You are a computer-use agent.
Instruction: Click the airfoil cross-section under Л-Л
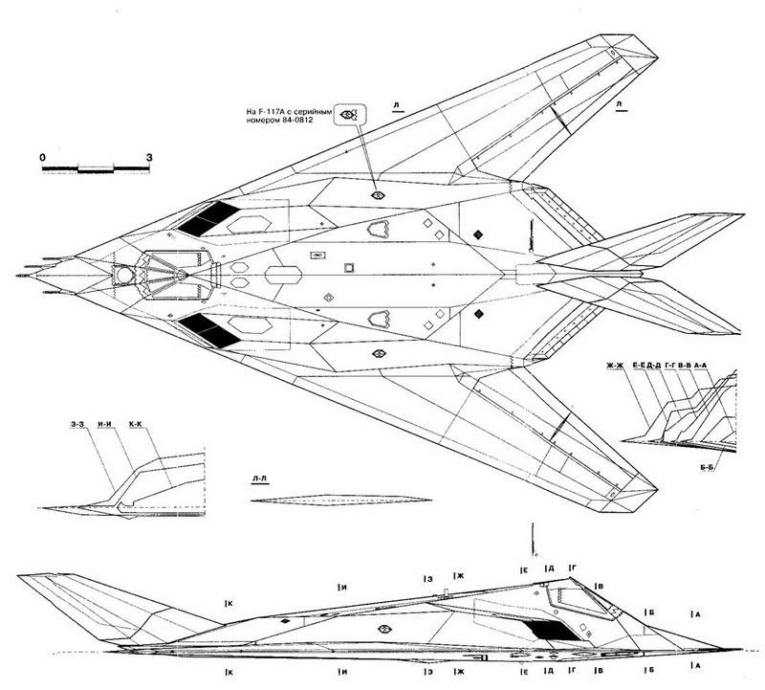pyautogui.click(x=334, y=501)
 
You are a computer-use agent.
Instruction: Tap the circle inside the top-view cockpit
pyautogui.click(x=124, y=276)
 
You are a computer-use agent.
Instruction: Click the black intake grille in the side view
pyautogui.click(x=549, y=629)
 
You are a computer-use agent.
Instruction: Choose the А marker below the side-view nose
pyautogui.click(x=695, y=664)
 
